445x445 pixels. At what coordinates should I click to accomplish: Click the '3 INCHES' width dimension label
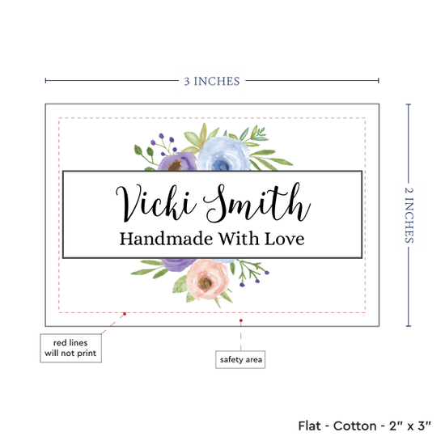coord(212,81)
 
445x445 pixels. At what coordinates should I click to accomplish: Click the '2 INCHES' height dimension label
coord(409,215)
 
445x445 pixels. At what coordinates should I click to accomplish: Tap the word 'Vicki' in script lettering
coord(156,203)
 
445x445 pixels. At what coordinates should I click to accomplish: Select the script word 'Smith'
coord(257,202)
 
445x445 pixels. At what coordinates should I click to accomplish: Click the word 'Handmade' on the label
coord(166,239)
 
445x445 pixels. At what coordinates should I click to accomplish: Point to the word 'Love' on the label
coord(284,239)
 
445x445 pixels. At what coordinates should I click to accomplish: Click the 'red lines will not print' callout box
coord(70,348)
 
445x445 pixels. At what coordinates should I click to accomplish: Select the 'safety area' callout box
coord(240,359)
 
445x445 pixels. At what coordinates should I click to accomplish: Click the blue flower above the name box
coord(223,154)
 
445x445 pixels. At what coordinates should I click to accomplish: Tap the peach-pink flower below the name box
coord(207,280)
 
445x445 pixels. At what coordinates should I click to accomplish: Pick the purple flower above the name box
coord(177,162)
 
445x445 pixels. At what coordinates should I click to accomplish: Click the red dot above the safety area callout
coord(241,320)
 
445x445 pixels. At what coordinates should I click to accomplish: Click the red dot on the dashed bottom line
coord(125,314)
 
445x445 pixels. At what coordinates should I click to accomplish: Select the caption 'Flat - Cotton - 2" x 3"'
coord(364,426)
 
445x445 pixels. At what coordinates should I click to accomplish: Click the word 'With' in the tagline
coord(239,239)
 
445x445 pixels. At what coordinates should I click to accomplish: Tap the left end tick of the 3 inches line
coord(45,81)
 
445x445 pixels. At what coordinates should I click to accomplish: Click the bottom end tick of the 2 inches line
coord(409,326)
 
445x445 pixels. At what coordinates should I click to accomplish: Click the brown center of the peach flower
coord(206,282)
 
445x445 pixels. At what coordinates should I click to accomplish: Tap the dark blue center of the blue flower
coord(221,165)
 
